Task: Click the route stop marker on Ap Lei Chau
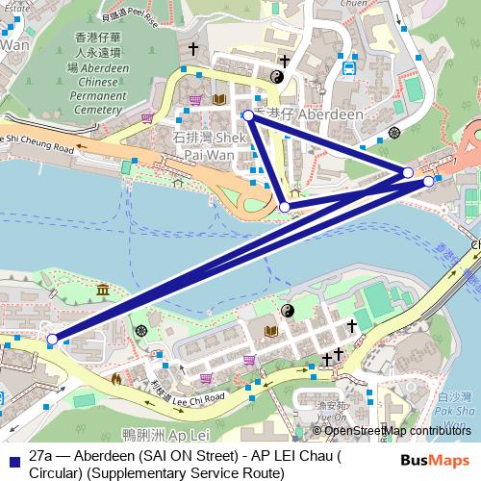click(x=52, y=339)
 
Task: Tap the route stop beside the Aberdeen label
click(x=248, y=115)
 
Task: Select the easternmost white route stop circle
click(x=429, y=180)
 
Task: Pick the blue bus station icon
click(x=350, y=67)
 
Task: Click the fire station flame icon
click(x=117, y=378)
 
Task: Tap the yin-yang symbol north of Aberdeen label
click(x=277, y=77)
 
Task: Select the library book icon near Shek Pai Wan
click(x=220, y=99)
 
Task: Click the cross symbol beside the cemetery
click(x=192, y=47)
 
